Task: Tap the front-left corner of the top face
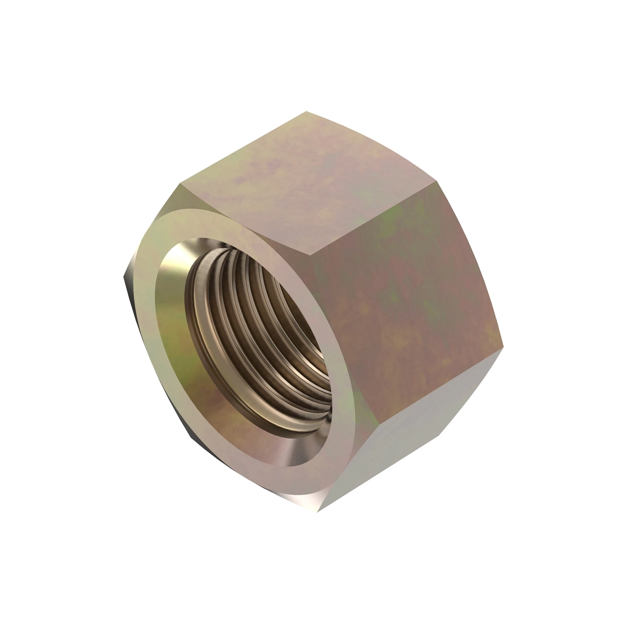coord(179,184)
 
